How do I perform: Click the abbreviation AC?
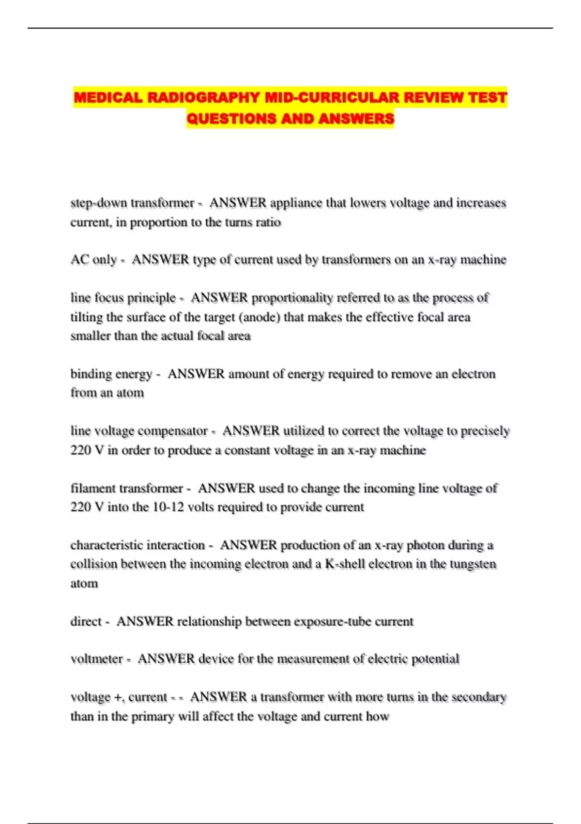79,260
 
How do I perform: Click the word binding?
91,374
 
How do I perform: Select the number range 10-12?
168,507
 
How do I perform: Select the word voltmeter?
96,659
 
